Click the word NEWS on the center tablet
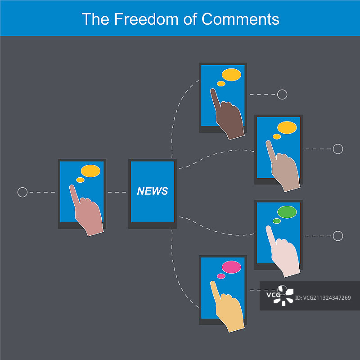pos(153,191)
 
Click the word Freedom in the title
pos(146,19)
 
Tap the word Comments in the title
pos(240,19)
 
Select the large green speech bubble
pos(287,212)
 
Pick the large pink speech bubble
pos(231,267)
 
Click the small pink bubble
pos(221,276)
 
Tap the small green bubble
pos(277,221)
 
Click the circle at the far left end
pos(22,192)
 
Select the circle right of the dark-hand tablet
pos(282,94)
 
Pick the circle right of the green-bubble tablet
pos(338,236)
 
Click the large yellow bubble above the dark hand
pos(231,75)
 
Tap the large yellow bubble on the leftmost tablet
pos(91,171)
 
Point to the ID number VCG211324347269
pos(323,298)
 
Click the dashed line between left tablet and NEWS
pos(117,192)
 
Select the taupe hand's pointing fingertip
pos(268,142)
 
